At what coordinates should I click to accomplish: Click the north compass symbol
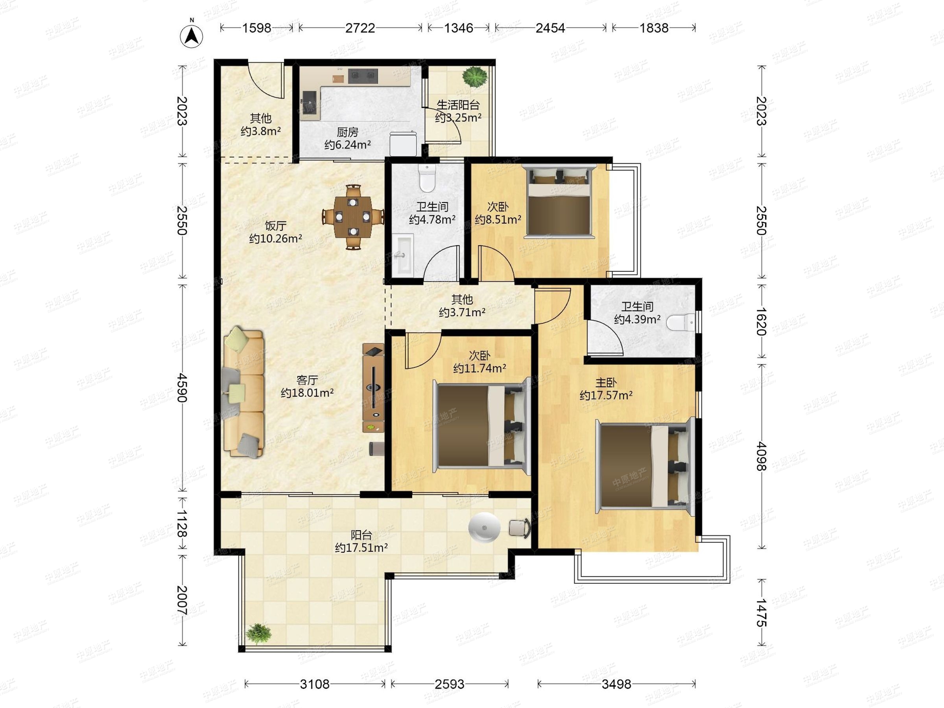tap(192, 35)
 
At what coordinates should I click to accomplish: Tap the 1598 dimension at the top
tap(256, 28)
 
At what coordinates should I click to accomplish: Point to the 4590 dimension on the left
tap(182, 387)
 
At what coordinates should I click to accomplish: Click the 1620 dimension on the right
tap(761, 321)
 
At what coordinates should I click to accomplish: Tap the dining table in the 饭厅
tap(352, 217)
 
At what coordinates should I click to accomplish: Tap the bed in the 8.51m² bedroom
tap(559, 201)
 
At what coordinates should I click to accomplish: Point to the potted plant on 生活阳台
tap(475, 77)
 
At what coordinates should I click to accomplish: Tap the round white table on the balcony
tap(484, 527)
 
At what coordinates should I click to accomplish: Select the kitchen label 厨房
tap(347, 132)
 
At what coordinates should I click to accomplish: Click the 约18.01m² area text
tap(307, 393)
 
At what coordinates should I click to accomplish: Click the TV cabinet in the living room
tap(373, 387)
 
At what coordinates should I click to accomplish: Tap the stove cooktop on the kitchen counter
tap(363, 76)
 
